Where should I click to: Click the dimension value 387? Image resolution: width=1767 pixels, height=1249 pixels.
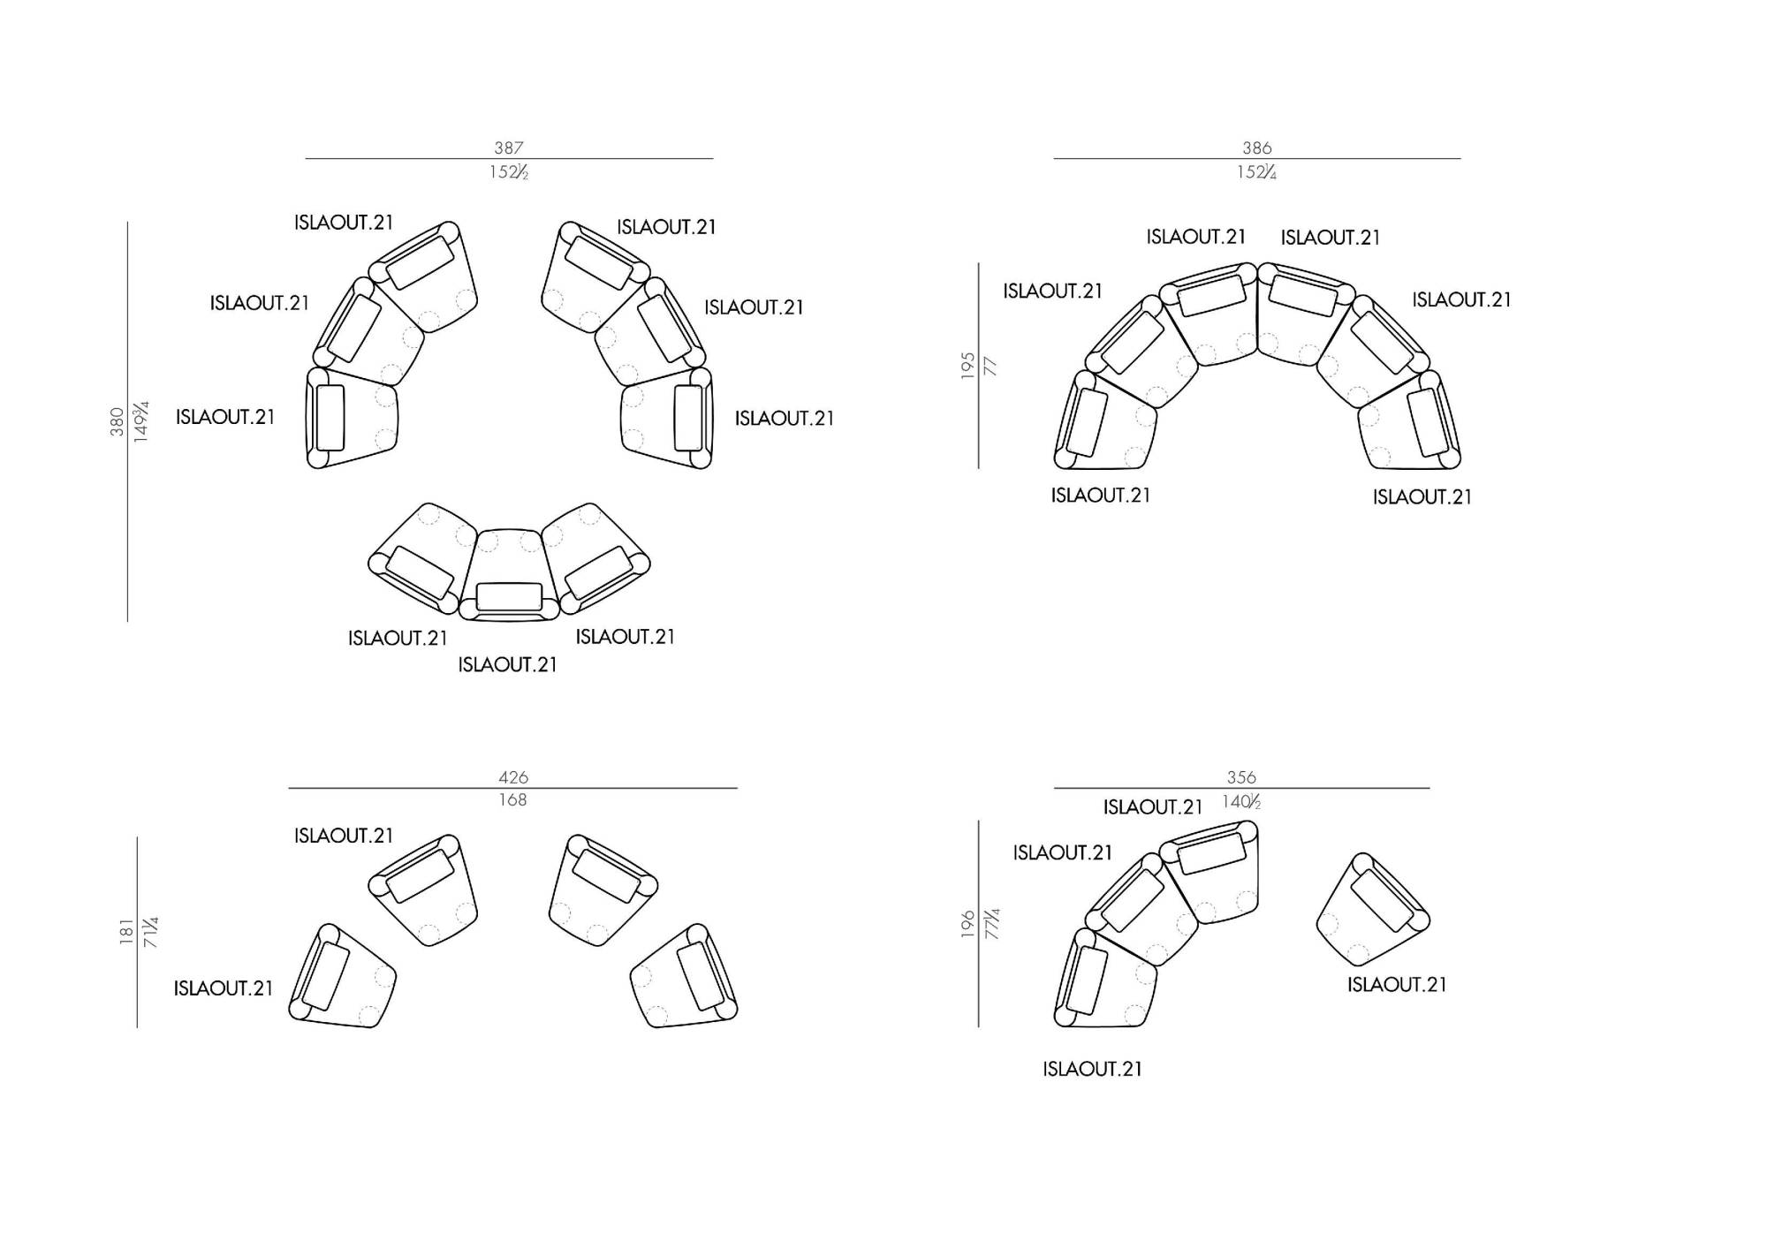(x=509, y=148)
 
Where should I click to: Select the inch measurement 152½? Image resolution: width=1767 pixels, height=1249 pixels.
(x=509, y=172)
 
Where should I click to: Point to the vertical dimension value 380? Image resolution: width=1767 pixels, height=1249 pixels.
(x=117, y=422)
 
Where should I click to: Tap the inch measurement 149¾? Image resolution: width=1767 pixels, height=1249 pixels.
(x=140, y=421)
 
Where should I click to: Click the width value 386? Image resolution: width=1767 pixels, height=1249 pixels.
(x=1257, y=148)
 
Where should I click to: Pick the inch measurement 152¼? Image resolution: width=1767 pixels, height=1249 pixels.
(x=1257, y=172)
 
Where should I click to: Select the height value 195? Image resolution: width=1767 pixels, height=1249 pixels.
(x=968, y=366)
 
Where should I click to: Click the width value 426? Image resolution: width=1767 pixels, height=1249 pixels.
(x=513, y=777)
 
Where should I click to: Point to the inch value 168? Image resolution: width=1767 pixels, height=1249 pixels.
(x=513, y=800)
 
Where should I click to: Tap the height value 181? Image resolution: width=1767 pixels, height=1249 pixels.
(x=126, y=932)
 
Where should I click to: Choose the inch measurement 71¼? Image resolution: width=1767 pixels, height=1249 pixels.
(x=151, y=932)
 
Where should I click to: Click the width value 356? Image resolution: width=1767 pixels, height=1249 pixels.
(x=1241, y=777)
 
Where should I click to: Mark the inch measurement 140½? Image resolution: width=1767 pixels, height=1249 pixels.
(x=1241, y=802)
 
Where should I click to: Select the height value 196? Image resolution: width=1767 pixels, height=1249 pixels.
(x=968, y=924)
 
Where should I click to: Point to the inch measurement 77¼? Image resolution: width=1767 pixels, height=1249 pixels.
(x=992, y=924)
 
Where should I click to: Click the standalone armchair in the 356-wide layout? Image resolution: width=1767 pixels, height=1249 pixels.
(x=1372, y=909)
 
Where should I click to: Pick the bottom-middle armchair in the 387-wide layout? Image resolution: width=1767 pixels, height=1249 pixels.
(x=509, y=574)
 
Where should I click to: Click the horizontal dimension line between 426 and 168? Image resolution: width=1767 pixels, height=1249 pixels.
(x=513, y=788)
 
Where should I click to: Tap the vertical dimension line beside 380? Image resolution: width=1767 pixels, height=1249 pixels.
(x=127, y=421)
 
